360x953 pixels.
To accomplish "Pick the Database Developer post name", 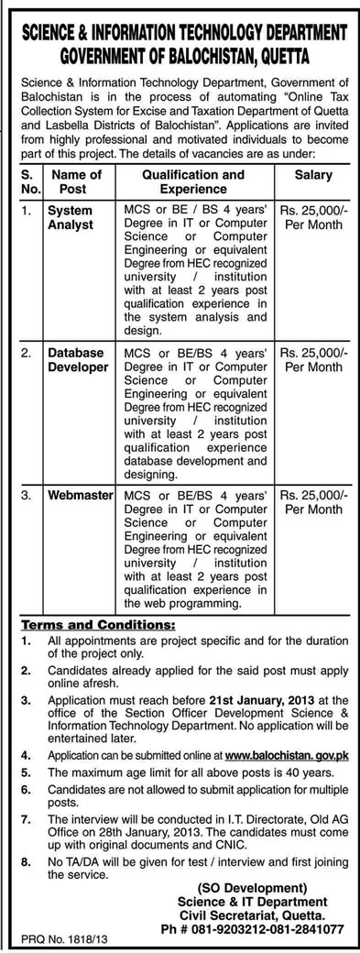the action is point(78,359).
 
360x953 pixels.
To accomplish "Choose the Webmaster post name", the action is point(78,495).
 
